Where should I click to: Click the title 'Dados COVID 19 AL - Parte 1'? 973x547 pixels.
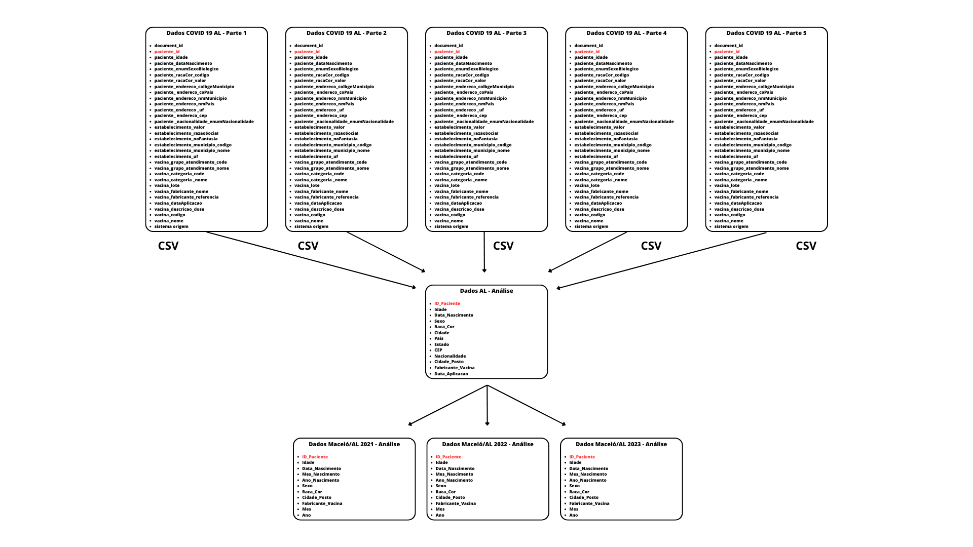click(206, 33)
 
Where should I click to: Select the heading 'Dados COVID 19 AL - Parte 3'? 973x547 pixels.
click(486, 33)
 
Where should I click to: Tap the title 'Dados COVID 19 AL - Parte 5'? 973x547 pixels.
click(766, 33)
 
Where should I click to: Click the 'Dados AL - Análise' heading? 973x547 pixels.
click(486, 291)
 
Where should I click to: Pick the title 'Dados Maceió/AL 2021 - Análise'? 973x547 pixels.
click(354, 444)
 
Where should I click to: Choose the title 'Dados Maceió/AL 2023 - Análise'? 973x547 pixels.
click(621, 444)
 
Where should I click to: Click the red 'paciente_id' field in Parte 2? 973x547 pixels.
click(307, 52)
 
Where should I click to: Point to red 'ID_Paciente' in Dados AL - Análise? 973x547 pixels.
click(447, 303)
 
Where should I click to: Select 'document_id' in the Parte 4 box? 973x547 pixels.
click(588, 46)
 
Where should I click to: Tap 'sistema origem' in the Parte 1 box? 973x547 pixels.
click(171, 226)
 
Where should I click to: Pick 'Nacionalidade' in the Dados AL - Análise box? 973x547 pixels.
click(450, 356)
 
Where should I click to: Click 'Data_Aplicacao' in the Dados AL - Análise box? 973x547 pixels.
click(451, 374)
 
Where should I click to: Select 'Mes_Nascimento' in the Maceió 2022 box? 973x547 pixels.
click(455, 474)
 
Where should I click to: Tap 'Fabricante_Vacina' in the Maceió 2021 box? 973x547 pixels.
click(322, 503)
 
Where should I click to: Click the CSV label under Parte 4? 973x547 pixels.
click(651, 246)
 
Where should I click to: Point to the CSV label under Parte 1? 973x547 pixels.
click(168, 246)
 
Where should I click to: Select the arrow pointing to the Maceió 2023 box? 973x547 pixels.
click(527, 405)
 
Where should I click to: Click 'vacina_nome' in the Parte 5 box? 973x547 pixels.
click(729, 221)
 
